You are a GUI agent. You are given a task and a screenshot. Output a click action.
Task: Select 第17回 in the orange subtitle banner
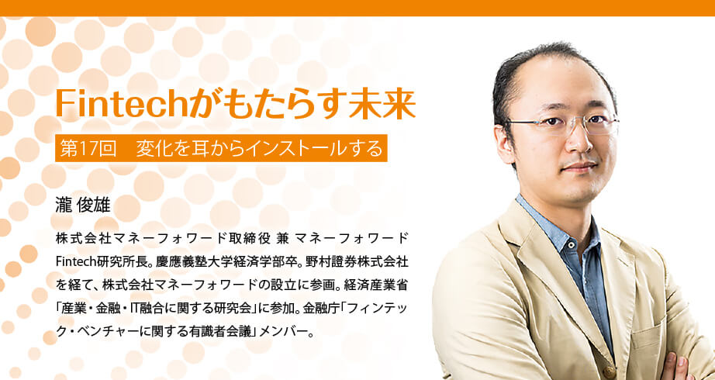(88, 149)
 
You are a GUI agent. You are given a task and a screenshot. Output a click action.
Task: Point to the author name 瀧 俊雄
(82, 206)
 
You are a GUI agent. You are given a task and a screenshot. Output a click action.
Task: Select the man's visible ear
(503, 144)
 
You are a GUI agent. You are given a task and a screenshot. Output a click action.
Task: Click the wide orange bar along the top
(357, 8)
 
